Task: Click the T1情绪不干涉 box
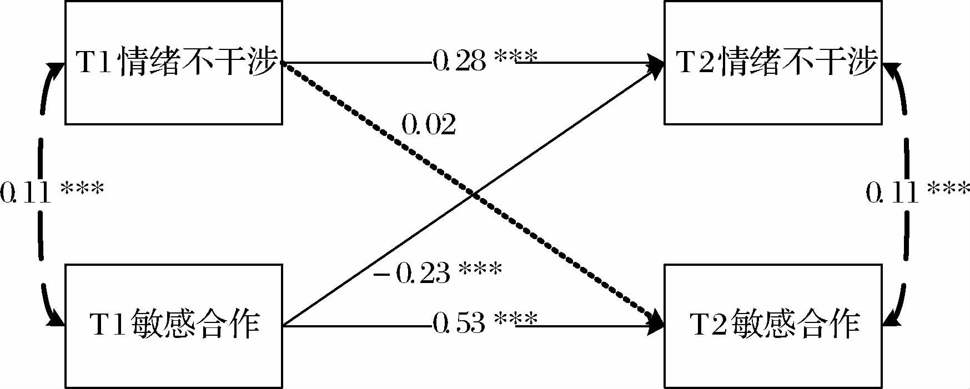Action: click(x=174, y=62)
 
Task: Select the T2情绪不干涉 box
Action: click(x=773, y=62)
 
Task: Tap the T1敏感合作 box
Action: click(x=174, y=326)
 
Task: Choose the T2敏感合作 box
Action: click(x=773, y=326)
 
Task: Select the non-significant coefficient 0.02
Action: click(x=429, y=125)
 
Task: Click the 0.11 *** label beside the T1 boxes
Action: click(x=52, y=192)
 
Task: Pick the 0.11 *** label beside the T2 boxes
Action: click(x=917, y=192)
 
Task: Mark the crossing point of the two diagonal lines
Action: click(x=473, y=194)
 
